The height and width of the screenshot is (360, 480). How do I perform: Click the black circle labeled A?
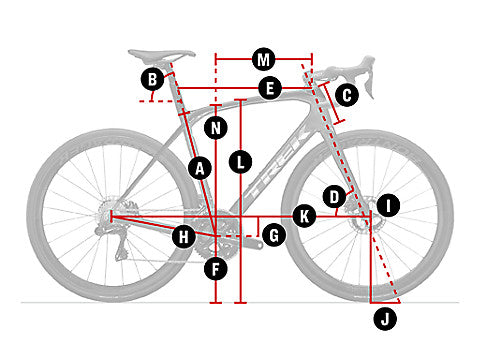[200, 169]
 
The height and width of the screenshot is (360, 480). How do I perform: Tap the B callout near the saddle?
[152, 79]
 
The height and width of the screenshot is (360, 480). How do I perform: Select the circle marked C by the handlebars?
[347, 95]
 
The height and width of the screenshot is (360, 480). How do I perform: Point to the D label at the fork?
[334, 197]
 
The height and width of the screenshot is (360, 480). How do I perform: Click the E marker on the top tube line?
[270, 88]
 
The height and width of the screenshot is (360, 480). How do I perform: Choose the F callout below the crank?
[216, 269]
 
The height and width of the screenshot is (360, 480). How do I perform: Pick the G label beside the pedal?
[274, 235]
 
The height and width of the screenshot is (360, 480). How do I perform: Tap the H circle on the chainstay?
[184, 237]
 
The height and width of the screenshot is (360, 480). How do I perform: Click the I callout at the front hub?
[388, 205]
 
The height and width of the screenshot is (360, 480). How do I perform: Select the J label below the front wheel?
[385, 319]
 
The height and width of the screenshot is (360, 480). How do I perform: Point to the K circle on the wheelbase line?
[304, 216]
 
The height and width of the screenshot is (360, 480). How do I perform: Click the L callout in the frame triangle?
[240, 162]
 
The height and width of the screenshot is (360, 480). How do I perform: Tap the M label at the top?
[264, 60]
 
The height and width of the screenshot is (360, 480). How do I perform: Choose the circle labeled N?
[216, 128]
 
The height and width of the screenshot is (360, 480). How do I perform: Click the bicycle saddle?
[162, 55]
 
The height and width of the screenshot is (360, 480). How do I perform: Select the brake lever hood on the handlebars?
[366, 67]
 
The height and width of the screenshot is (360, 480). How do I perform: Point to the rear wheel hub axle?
[111, 216]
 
